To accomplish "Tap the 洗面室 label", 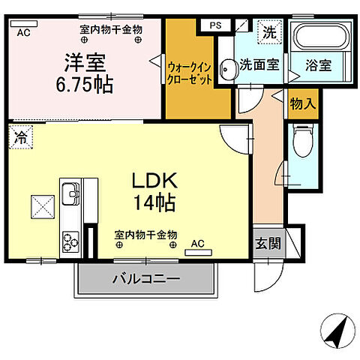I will pyautogui.click(x=259, y=65).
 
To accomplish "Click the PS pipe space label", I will pyautogui.click(x=215, y=24).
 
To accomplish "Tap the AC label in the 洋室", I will pyautogui.click(x=22, y=32).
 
